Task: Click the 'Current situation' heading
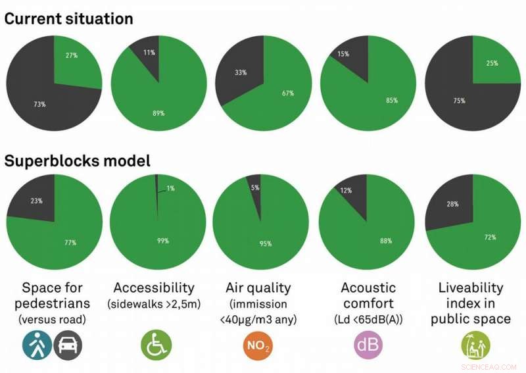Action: [69, 18]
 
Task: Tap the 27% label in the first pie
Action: [72, 55]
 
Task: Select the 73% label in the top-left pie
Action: [40, 103]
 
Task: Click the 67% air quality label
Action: [288, 93]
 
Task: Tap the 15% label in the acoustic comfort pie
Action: [344, 55]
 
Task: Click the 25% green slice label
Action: [492, 63]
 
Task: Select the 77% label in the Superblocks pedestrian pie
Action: [70, 242]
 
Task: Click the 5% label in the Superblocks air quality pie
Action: [254, 187]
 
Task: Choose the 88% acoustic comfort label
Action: [386, 241]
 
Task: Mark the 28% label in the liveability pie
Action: [452, 204]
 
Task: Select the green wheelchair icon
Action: [156, 344]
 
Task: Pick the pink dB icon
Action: [368, 344]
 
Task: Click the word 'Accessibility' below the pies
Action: [153, 287]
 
